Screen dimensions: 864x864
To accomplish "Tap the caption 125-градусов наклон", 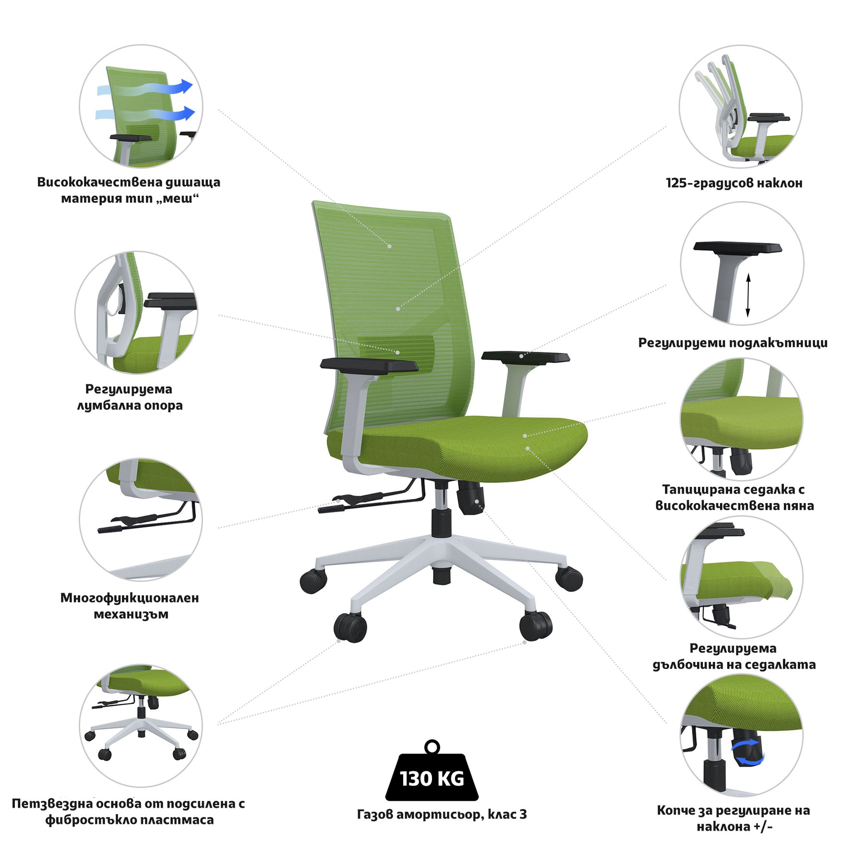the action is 734,183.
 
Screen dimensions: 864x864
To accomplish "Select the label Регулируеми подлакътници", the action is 733,343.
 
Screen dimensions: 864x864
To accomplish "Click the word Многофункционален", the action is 130,598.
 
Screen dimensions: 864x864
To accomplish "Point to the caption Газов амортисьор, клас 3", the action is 442,814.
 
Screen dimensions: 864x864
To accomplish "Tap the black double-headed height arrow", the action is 748,295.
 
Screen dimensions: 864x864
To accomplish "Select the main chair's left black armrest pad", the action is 369,364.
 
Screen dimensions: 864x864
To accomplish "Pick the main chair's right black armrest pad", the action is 526,357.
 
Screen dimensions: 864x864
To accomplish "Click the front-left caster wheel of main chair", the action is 350,627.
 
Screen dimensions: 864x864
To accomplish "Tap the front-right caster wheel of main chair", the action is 536,625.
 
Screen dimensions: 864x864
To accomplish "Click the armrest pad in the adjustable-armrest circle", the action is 738,247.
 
